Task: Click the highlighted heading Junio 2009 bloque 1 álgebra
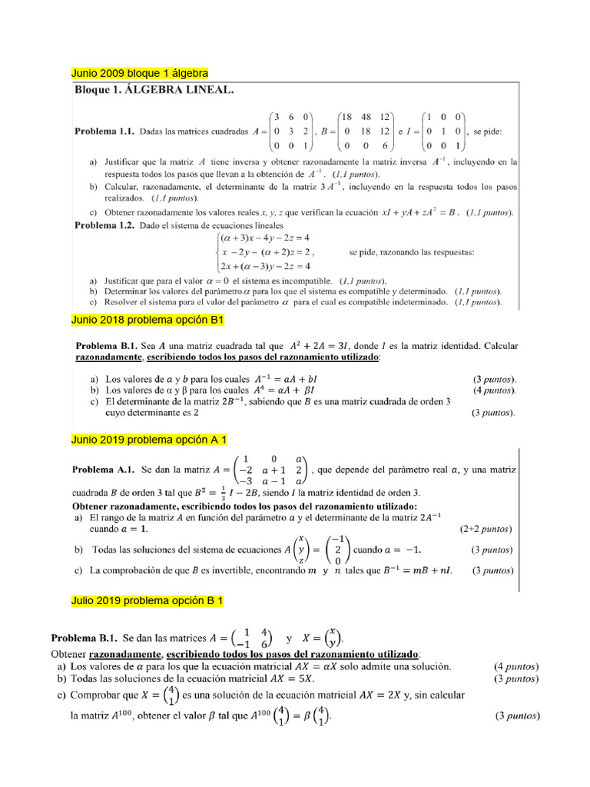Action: (139, 73)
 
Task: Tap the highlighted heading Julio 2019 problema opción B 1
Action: (147, 599)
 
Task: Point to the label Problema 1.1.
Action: (104, 131)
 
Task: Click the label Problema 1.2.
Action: (104, 225)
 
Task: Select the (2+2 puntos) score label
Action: (486, 529)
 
